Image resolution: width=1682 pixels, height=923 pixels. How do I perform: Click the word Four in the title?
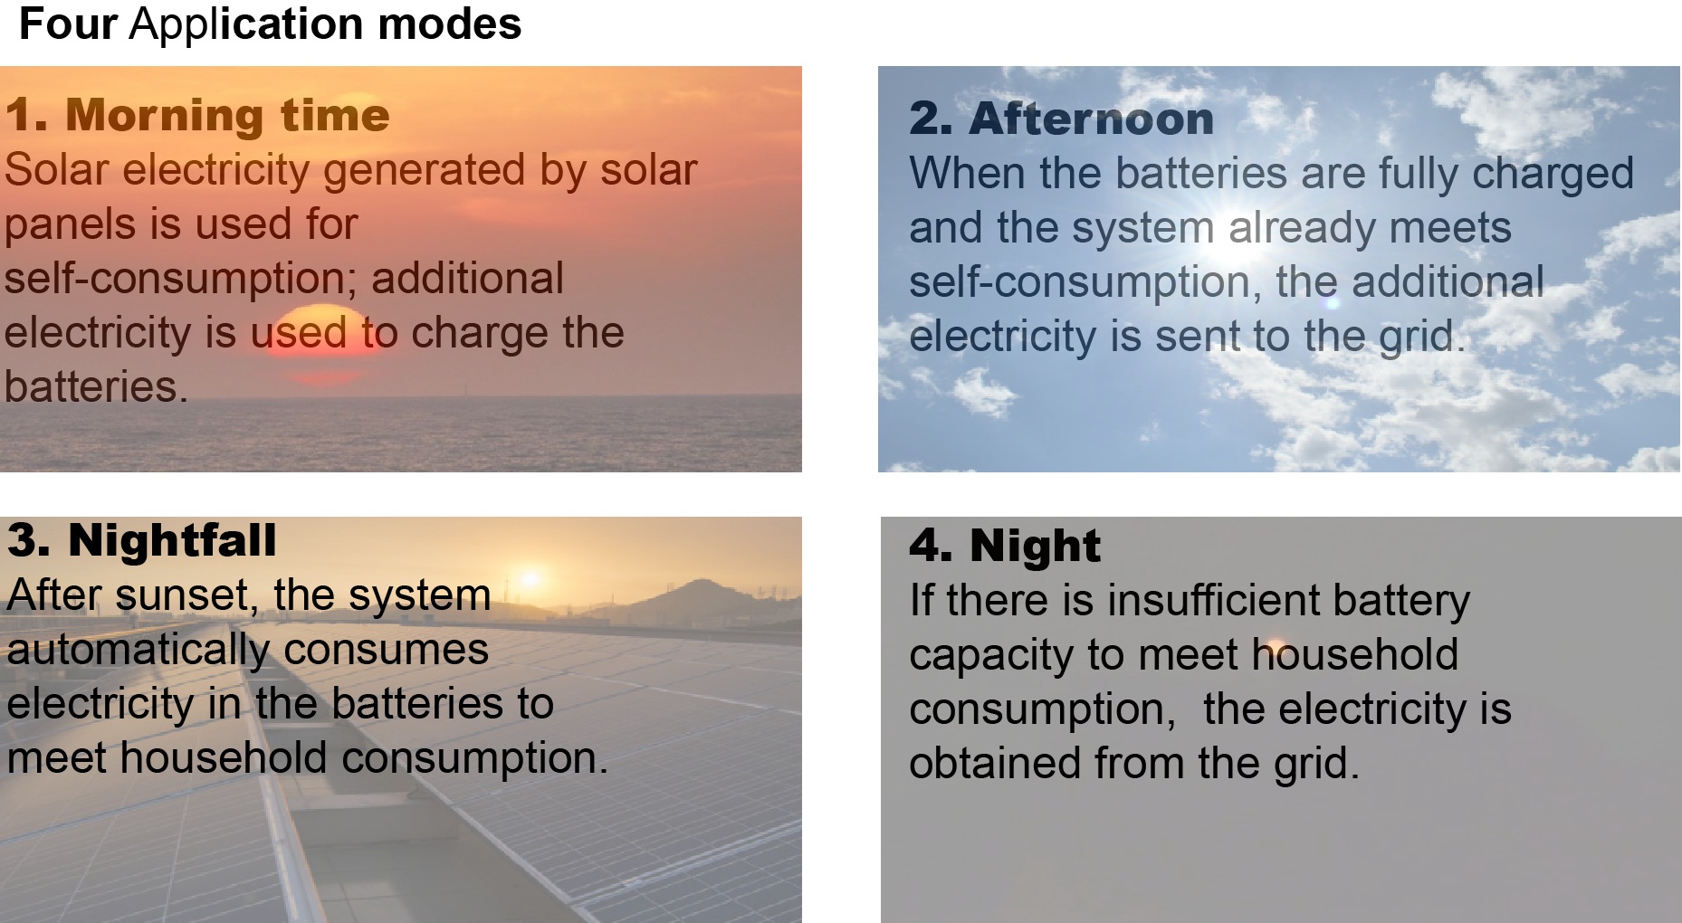(68, 24)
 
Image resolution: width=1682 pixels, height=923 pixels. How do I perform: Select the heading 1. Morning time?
(197, 115)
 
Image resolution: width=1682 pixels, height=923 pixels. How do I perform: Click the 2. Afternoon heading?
(1061, 119)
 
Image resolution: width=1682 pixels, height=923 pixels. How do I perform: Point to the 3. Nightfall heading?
(141, 540)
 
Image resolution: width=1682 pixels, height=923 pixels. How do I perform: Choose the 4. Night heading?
(1005, 545)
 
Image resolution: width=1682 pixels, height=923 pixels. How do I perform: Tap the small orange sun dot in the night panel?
(1276, 645)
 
